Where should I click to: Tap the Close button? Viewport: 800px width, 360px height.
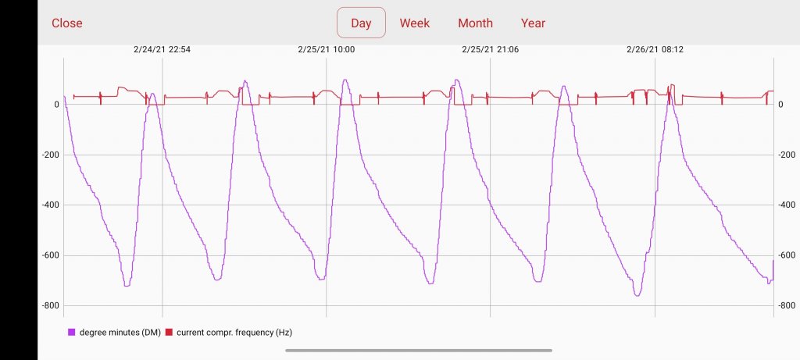pyautogui.click(x=67, y=23)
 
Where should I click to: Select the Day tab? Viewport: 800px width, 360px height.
pyautogui.click(x=361, y=23)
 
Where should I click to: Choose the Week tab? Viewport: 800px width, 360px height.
pyautogui.click(x=415, y=23)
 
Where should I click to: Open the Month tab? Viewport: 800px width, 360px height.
pyautogui.click(x=475, y=23)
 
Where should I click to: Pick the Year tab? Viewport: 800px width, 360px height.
pyautogui.click(x=533, y=23)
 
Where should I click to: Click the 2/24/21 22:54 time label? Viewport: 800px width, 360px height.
pyautogui.click(x=162, y=49)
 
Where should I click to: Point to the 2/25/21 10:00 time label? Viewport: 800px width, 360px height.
pyautogui.click(x=326, y=49)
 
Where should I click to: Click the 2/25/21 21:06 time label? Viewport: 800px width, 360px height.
pyautogui.click(x=490, y=49)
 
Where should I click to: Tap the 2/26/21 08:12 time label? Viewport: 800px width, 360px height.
pyautogui.click(x=654, y=49)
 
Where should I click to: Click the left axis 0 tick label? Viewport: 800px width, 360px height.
pyautogui.click(x=56, y=105)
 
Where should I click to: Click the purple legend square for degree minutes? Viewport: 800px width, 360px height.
pyautogui.click(x=71, y=333)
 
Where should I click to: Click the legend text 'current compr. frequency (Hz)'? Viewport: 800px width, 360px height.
pyautogui.click(x=234, y=333)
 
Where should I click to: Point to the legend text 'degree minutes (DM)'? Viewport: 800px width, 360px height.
pyautogui.click(x=120, y=333)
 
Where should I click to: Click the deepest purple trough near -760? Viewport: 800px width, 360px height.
pyautogui.click(x=637, y=295)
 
